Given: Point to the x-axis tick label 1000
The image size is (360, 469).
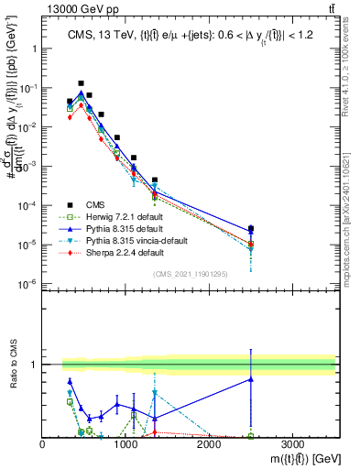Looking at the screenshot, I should [x=125, y=444].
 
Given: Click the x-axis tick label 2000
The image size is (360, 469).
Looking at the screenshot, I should [x=209, y=444].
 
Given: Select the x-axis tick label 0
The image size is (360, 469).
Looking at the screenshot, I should [x=43, y=444].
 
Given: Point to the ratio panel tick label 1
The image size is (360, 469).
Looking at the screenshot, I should [x=35, y=365].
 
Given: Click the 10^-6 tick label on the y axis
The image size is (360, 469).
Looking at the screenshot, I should [x=27, y=284].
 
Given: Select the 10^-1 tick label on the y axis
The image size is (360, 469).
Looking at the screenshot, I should [x=27, y=88].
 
